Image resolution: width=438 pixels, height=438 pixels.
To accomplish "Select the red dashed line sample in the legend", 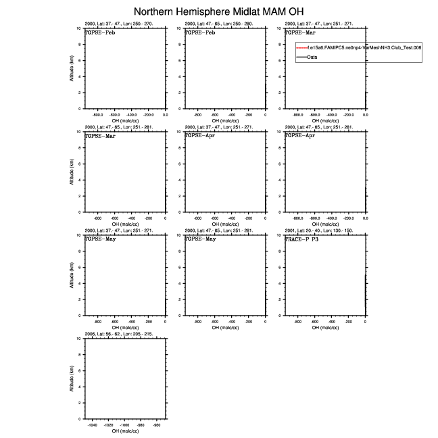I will pyautogui.click(x=301, y=48).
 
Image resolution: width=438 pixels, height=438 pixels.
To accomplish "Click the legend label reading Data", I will pyautogui.click(x=312, y=57).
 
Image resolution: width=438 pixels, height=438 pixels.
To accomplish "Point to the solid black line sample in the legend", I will pyautogui.click(x=301, y=57).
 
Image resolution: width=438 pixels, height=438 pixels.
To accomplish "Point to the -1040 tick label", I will pyautogui.click(x=93, y=425).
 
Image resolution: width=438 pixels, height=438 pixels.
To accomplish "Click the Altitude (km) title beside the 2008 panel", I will pyautogui.click(x=72, y=379).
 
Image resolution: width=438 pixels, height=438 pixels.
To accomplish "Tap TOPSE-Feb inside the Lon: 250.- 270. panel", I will pyautogui.click(x=99, y=32).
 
